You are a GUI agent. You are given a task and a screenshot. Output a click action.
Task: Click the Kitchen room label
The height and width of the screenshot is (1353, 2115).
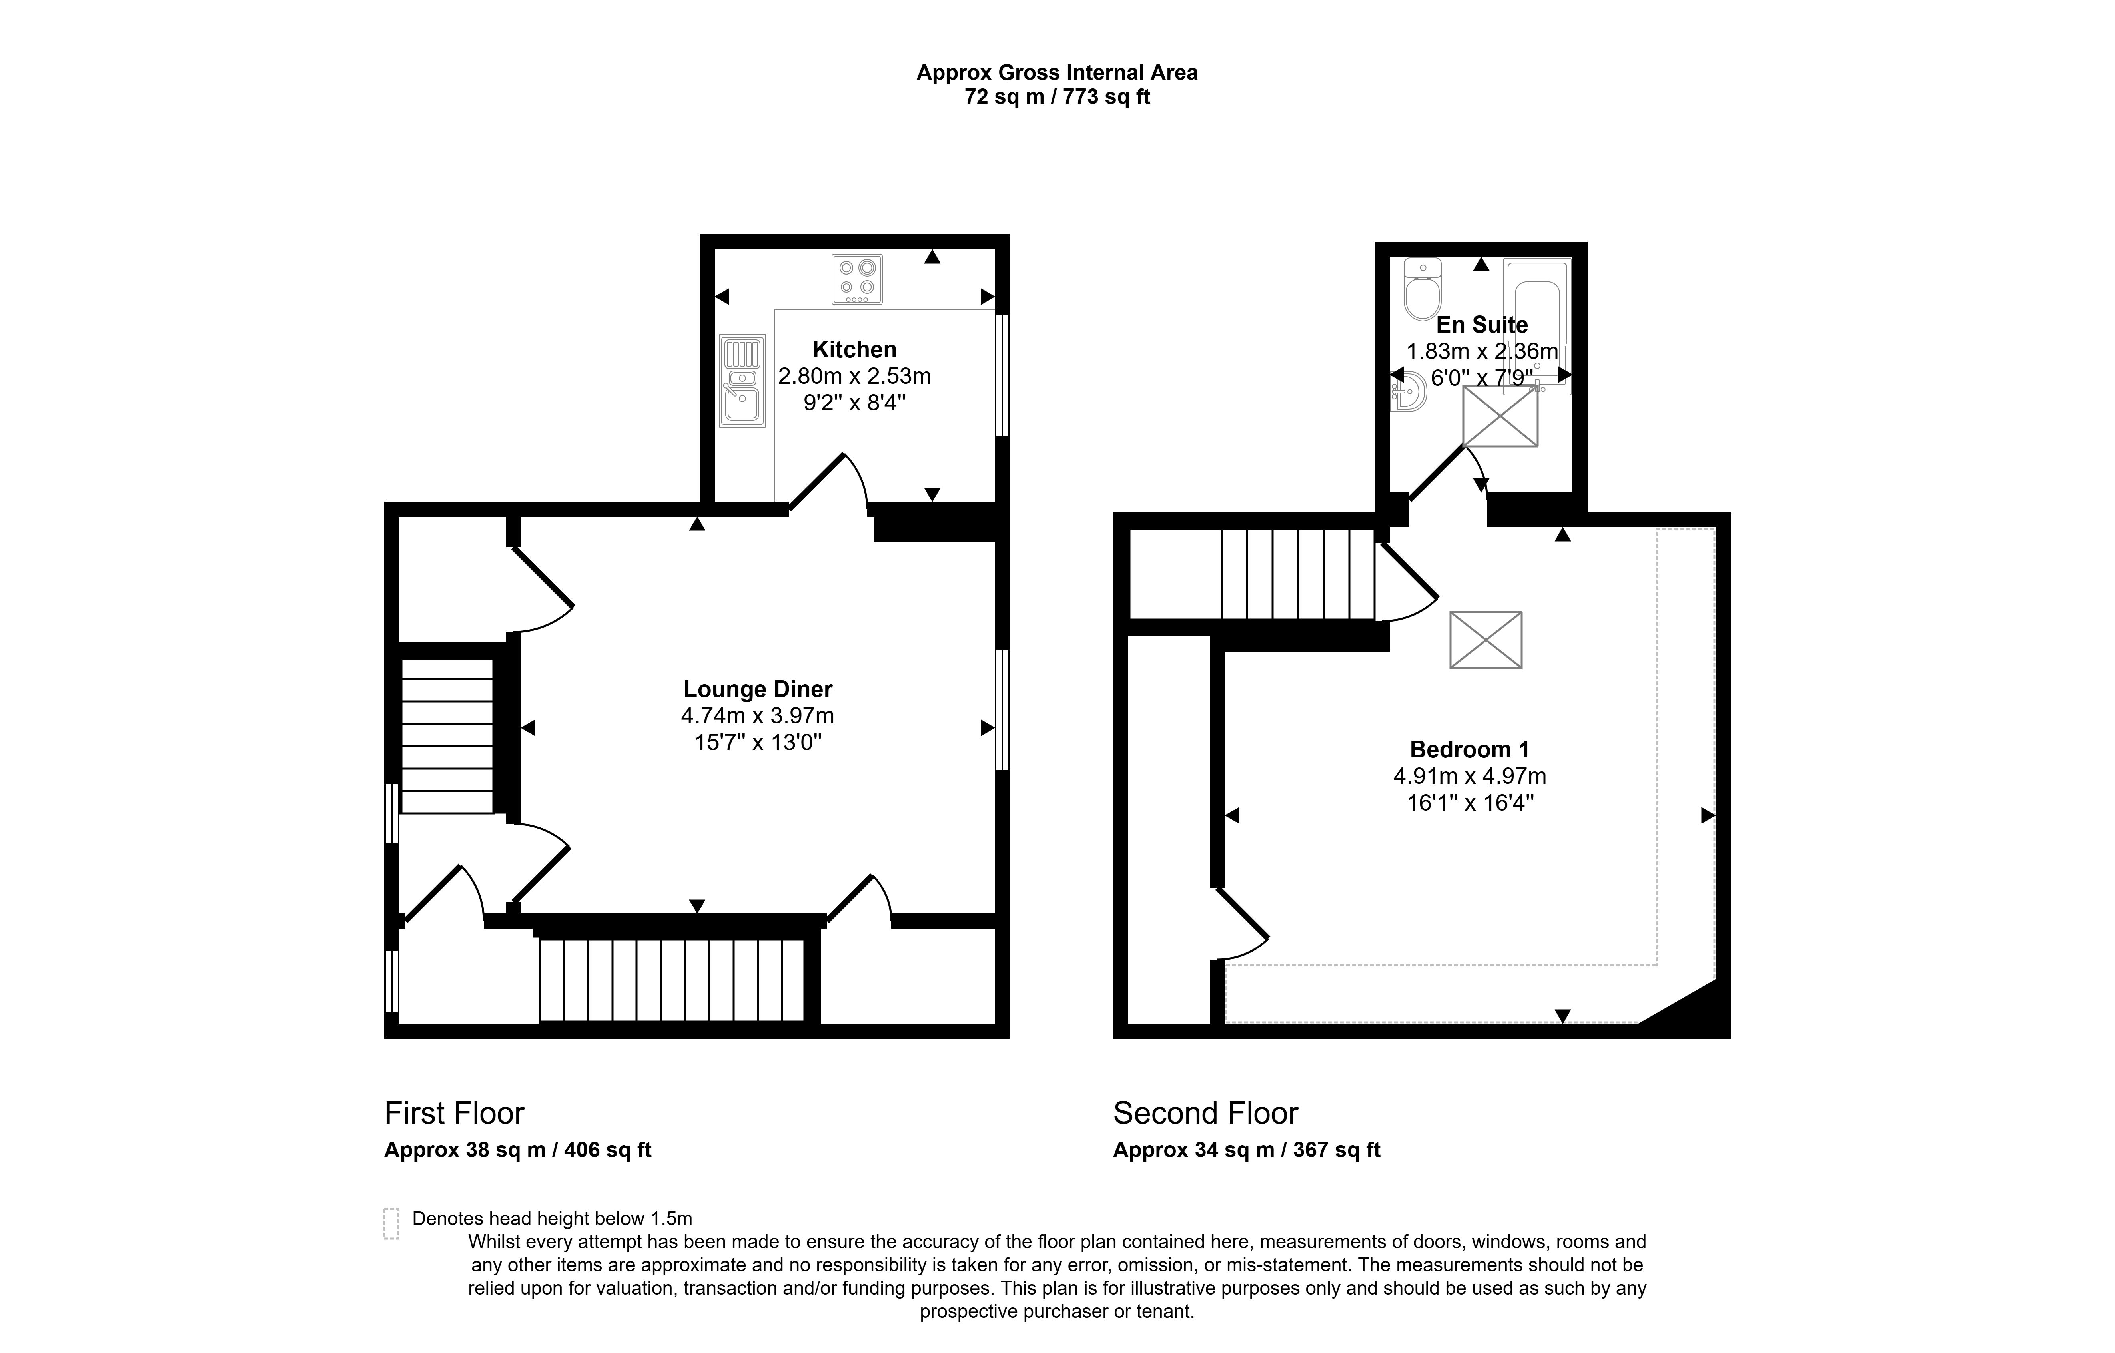[x=854, y=350]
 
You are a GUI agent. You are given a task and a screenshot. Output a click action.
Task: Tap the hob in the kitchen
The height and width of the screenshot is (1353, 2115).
[x=857, y=279]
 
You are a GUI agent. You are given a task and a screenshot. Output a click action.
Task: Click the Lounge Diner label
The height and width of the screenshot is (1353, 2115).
[x=757, y=689]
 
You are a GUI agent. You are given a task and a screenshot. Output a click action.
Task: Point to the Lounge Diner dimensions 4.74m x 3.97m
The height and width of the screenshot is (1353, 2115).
[x=757, y=716]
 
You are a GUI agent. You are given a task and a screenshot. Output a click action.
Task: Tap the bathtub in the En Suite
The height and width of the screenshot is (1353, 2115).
[x=1537, y=325]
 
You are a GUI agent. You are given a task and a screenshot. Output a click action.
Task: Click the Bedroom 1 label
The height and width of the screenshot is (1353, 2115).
[x=1469, y=749]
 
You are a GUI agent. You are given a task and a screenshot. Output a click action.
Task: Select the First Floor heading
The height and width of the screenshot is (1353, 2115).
[x=454, y=1113]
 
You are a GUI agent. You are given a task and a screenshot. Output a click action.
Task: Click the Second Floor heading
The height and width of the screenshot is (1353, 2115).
[x=1205, y=1113]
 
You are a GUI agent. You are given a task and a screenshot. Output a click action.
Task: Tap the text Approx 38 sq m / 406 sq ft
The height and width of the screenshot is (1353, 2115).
[x=517, y=1150]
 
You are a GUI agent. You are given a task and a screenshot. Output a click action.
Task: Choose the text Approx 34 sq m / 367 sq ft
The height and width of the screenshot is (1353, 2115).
[x=1247, y=1150]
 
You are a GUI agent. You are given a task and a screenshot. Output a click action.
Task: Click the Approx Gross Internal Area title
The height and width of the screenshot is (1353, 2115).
[x=1057, y=73]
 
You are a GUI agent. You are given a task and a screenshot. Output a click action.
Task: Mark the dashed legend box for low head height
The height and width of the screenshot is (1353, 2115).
[x=391, y=1223]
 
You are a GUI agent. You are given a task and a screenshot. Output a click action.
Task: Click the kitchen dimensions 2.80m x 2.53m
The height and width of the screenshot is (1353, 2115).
[x=854, y=376]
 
